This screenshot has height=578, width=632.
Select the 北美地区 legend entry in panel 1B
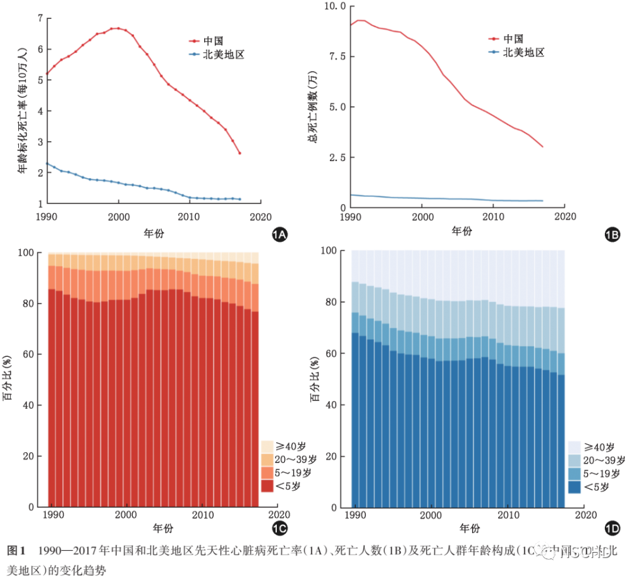(x=523, y=52)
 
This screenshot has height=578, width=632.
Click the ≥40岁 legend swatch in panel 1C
(x=267, y=445)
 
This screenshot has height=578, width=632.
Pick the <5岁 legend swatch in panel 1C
(x=267, y=485)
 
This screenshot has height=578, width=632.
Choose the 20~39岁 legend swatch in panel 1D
(x=574, y=459)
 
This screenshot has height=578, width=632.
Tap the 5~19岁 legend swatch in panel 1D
(x=574, y=473)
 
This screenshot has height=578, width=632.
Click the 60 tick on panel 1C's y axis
(x=30, y=354)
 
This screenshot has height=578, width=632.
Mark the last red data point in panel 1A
(x=240, y=153)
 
